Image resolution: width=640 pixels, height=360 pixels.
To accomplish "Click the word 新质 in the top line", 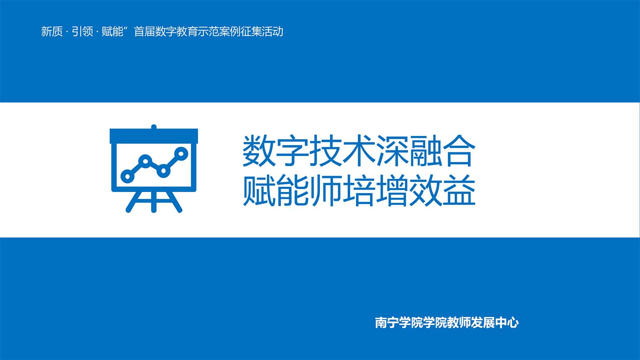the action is point(52,32).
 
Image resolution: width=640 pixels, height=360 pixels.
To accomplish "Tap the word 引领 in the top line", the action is point(82,32).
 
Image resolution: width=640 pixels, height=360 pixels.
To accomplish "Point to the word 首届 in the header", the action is point(144,32).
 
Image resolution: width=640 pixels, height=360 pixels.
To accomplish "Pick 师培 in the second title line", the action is point(342,190).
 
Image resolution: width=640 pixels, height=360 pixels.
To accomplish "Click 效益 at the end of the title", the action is point(442,190).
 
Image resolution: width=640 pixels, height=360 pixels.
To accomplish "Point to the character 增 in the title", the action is point(392,190).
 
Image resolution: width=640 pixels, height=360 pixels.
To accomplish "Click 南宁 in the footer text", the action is point(387,322).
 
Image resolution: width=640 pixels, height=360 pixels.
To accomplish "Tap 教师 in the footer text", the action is point(459,322).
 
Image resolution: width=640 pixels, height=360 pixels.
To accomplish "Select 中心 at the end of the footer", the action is point(507,322).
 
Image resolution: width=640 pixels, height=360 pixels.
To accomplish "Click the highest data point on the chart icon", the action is point(181,154).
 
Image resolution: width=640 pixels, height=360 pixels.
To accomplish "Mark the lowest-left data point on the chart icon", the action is point(128,176).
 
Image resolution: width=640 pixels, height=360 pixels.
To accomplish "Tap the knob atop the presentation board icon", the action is point(154,127).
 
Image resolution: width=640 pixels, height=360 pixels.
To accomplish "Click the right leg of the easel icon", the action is point(175,202).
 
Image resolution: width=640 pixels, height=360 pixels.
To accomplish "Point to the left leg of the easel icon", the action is point(133,202).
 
